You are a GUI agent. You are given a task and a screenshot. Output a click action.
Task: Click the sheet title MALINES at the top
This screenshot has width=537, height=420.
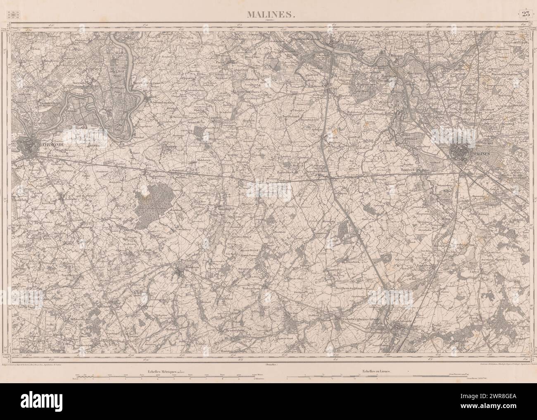(x=271, y=15)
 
